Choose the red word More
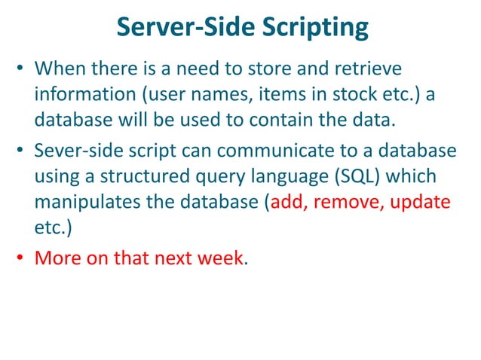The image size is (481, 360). (x=57, y=258)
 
